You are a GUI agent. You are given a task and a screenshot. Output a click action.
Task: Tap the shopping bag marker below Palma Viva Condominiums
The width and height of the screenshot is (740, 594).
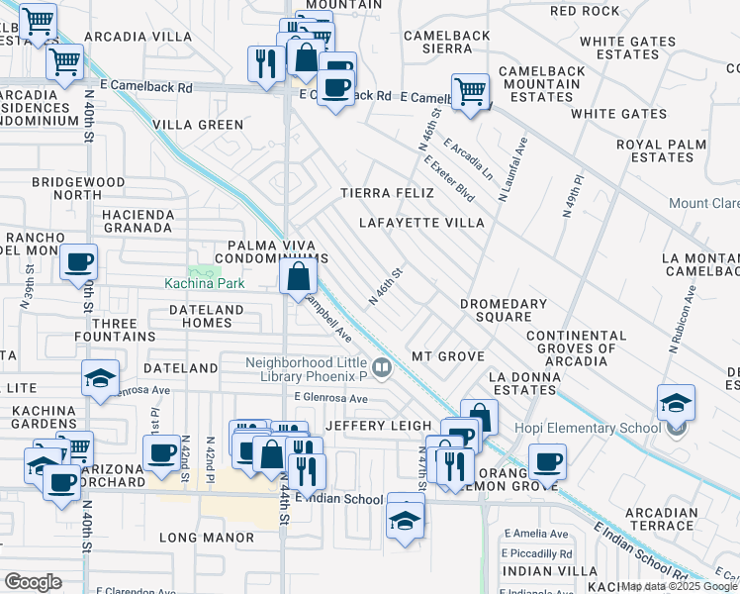click(x=298, y=277)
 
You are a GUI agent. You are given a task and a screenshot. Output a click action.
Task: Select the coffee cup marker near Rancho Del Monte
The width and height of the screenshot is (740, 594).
click(x=78, y=262)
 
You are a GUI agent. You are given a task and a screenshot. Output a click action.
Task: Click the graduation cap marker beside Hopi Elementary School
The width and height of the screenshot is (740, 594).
click(x=676, y=403)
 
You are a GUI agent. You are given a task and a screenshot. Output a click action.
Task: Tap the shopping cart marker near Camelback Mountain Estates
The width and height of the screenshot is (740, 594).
click(x=471, y=92)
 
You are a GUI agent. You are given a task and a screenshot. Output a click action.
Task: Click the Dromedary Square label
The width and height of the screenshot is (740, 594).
click(x=503, y=311)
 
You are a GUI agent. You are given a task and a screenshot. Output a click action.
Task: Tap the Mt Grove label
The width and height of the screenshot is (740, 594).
click(x=448, y=356)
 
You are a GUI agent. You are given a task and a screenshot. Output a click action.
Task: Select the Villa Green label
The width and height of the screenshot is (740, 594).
click(x=199, y=125)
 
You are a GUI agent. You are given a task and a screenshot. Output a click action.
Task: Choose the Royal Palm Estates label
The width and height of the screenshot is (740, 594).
click(x=661, y=150)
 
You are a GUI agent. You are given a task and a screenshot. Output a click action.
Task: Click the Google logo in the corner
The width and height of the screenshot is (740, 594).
click(x=33, y=582)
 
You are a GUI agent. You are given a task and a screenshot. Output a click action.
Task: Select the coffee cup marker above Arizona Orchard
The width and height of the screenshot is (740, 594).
click(x=160, y=453)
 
